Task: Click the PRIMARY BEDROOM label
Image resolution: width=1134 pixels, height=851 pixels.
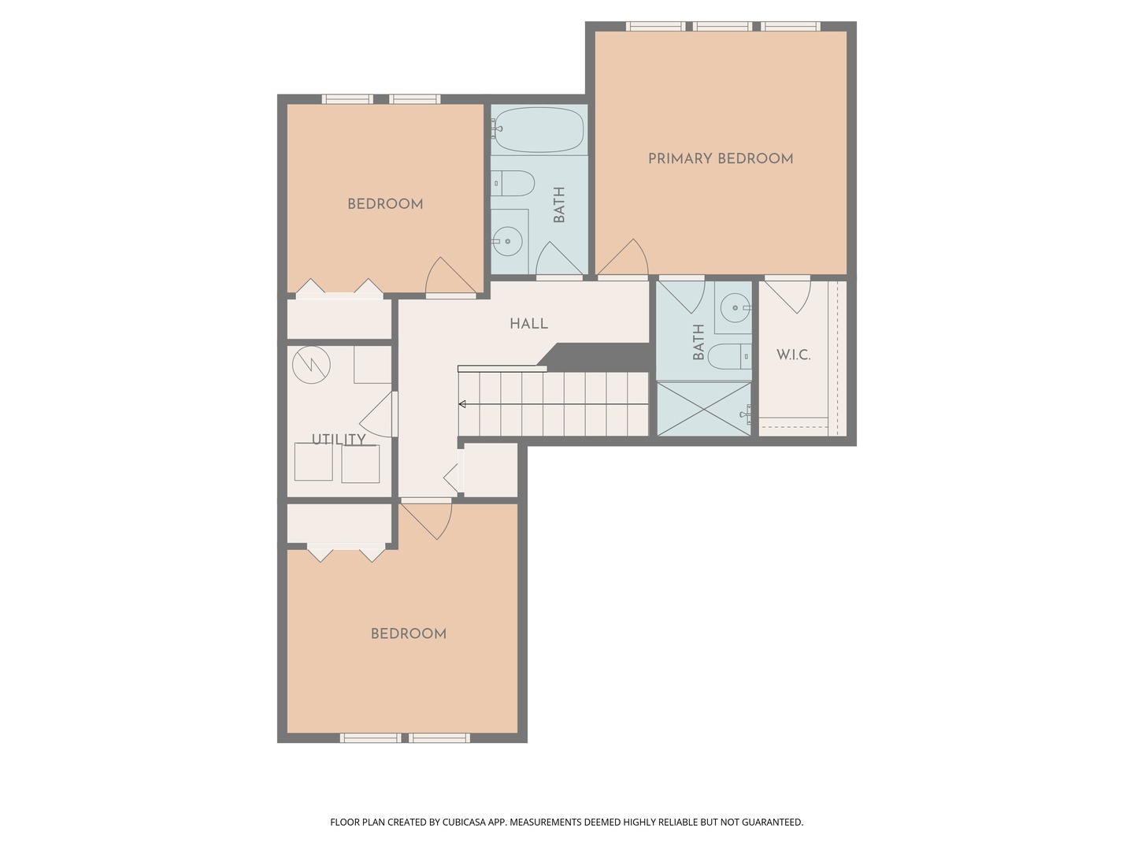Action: point(721,158)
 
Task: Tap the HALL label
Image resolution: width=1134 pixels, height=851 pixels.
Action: point(528,324)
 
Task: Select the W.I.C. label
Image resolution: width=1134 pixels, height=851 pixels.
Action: point(793,355)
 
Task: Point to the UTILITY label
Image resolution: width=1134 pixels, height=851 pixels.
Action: point(339,439)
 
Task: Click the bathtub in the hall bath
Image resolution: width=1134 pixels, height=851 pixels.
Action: point(539,130)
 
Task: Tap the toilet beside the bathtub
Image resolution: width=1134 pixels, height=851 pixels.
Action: point(513,184)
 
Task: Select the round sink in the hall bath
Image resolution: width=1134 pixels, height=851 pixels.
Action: point(507,241)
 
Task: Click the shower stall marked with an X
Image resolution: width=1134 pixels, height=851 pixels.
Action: point(704,409)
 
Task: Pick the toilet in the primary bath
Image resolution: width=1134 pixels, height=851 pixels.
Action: point(729,356)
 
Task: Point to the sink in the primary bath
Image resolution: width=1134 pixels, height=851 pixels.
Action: point(736,308)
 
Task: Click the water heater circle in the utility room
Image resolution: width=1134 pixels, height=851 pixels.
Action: point(311,365)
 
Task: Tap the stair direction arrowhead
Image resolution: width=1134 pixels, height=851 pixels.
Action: point(462,404)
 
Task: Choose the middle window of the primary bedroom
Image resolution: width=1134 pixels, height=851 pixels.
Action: point(722,26)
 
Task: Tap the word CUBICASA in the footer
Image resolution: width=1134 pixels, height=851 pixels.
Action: point(465,822)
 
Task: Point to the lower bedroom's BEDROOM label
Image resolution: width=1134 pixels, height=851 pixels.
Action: point(409,634)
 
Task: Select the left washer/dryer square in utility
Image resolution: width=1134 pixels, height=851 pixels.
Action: point(313,462)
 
